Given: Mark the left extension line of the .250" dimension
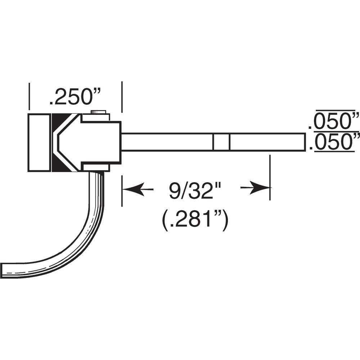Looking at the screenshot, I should pyautogui.click(x=29, y=95).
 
